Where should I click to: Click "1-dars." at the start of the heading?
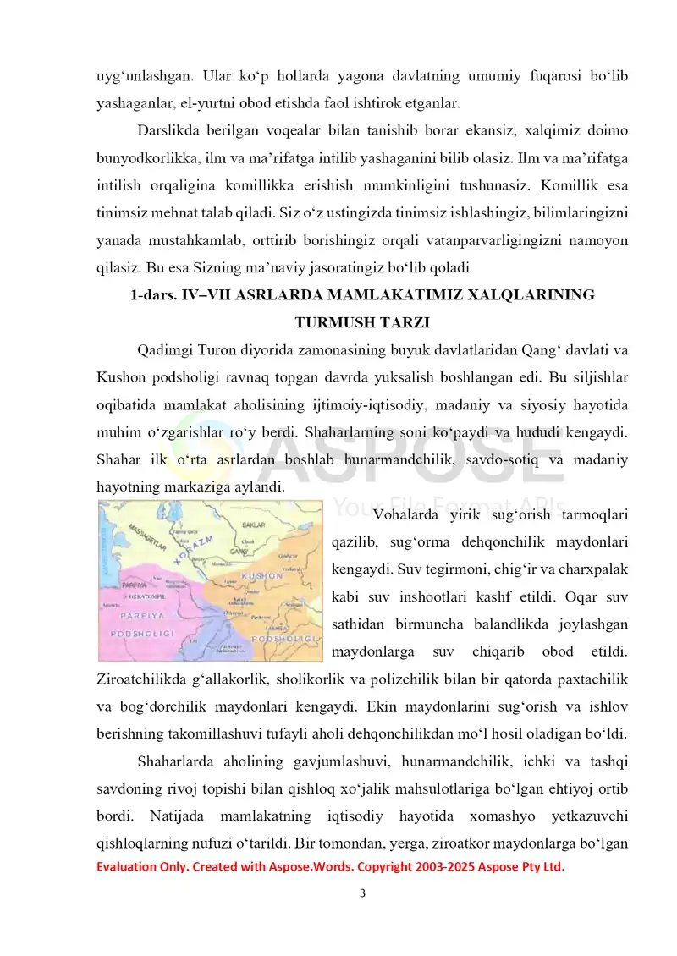154,294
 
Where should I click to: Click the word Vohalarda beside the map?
407,514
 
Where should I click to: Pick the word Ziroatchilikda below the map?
134,679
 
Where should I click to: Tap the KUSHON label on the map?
261,576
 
